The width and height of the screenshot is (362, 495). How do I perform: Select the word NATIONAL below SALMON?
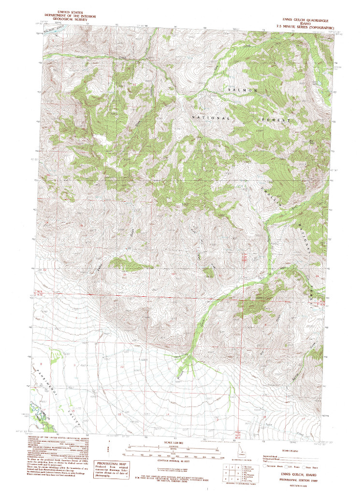coord(211,118)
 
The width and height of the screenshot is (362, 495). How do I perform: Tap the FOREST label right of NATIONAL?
coord(276,119)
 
